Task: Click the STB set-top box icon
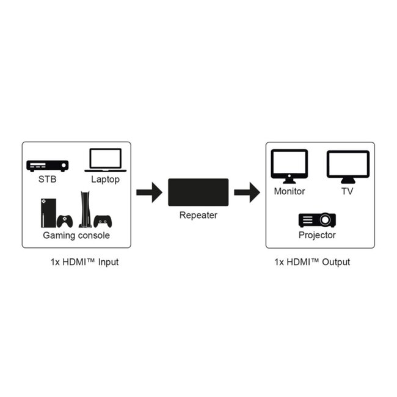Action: click(48, 166)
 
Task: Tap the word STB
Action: click(47, 180)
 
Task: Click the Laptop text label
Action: click(105, 180)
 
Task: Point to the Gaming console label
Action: click(76, 235)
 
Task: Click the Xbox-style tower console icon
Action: click(48, 212)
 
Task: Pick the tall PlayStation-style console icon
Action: click(84, 210)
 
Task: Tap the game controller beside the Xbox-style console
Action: click(65, 220)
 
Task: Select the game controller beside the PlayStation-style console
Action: click(103, 220)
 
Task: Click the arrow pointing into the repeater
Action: click(148, 194)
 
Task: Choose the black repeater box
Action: click(198, 192)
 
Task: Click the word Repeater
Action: click(198, 215)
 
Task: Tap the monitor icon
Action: click(289, 166)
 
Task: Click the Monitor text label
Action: click(289, 191)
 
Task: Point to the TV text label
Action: click(348, 191)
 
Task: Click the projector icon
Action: click(317, 220)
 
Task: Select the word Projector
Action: click(317, 235)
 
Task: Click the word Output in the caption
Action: click(337, 262)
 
